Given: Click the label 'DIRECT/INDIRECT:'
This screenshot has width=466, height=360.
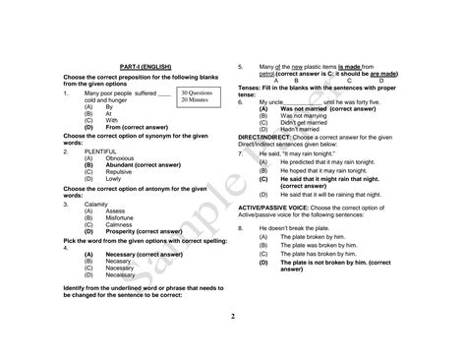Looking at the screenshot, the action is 265,137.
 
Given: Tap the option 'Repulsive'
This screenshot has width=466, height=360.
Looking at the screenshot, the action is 119,172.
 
